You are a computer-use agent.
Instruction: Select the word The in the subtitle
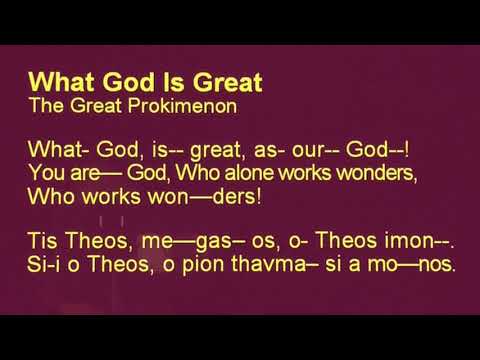(46, 101)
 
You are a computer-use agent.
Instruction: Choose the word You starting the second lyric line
(46, 173)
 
